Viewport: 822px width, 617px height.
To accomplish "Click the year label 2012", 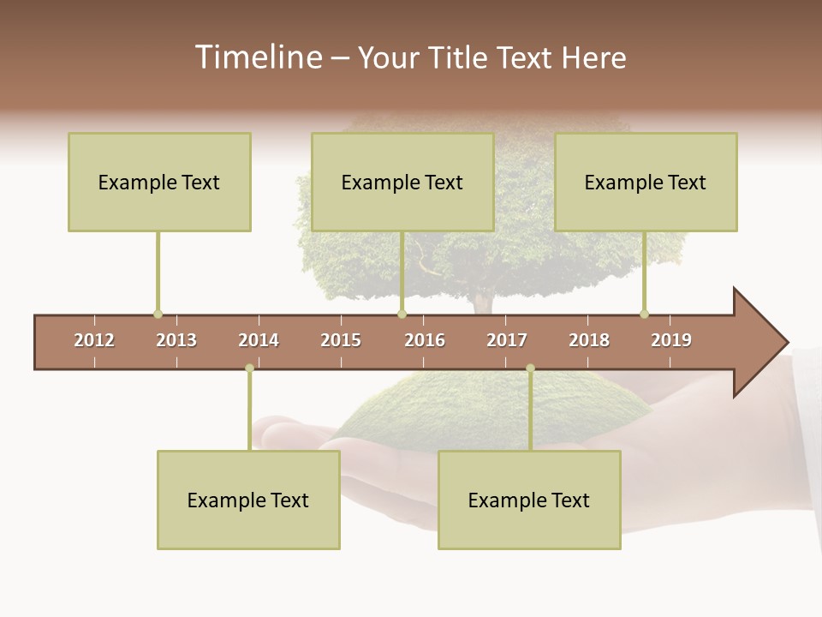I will tap(94, 340).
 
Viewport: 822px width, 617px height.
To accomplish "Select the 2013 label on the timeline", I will tap(176, 340).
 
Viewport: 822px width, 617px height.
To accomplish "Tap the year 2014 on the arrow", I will tap(259, 340).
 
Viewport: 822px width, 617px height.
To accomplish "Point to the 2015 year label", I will tap(341, 340).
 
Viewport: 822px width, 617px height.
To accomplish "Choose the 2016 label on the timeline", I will tap(425, 340).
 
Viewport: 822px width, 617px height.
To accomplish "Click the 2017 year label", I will tap(507, 340).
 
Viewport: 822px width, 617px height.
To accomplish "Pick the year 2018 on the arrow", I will tap(589, 340).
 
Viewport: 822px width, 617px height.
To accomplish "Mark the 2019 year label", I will tap(671, 340).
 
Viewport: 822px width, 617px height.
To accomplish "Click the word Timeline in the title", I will tap(257, 57).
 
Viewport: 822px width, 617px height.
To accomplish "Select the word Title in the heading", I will tap(458, 57).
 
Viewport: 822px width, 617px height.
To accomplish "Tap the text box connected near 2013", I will tap(159, 182).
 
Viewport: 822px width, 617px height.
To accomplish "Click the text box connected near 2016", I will tap(402, 182).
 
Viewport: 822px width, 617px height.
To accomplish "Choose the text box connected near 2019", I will tap(646, 182).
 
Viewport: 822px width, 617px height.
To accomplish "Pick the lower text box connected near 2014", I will tap(248, 500).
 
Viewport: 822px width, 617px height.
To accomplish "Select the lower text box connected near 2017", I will tap(529, 500).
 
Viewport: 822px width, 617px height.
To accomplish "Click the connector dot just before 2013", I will tap(158, 314).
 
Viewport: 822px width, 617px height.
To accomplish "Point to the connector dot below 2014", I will tap(249, 368).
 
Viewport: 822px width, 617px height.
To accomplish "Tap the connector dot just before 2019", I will tap(644, 314).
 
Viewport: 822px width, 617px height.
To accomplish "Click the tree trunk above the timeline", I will tap(482, 302).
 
